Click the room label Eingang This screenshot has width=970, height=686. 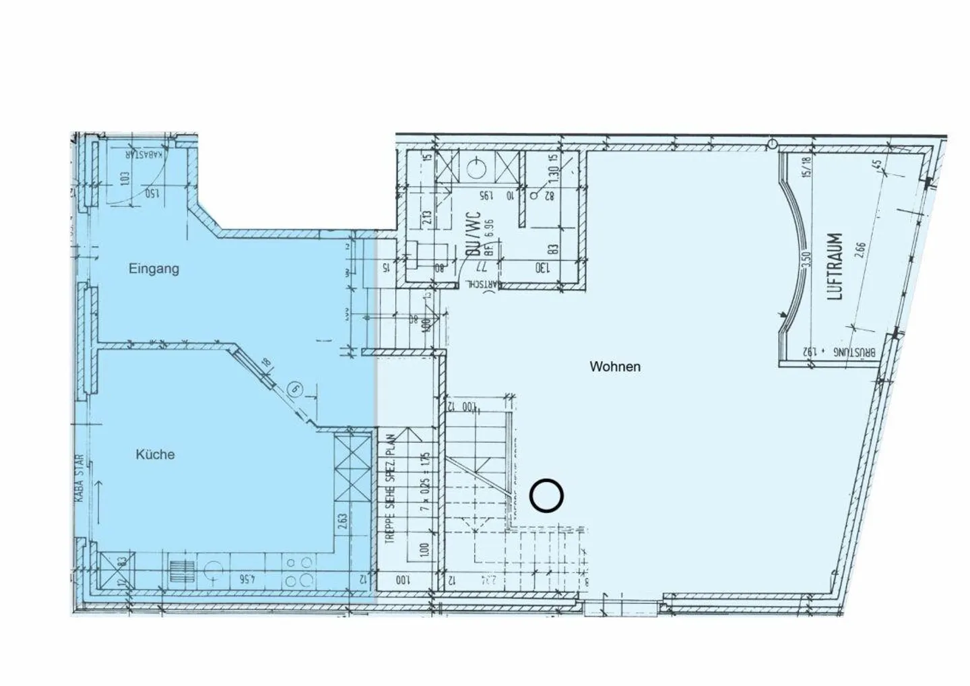coord(154,269)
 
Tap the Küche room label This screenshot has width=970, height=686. coord(155,455)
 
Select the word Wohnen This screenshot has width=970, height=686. coord(614,367)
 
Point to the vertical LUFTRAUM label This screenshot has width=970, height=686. coord(835,266)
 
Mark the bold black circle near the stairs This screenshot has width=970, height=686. coord(546,496)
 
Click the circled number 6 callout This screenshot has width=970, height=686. coord(294,388)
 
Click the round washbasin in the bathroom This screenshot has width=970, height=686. coord(478,164)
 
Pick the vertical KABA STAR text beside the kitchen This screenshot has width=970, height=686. coord(79,478)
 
